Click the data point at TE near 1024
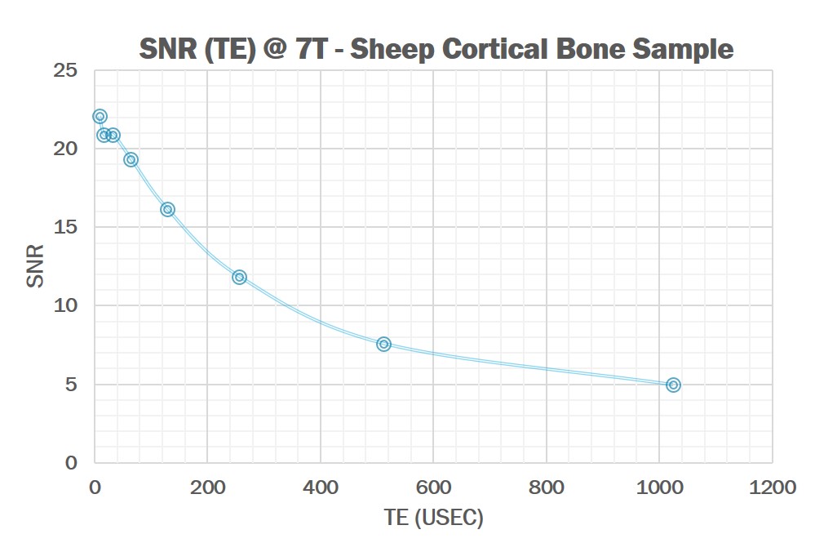pos(673,385)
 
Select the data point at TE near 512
pos(383,344)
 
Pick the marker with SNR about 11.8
pos(239,277)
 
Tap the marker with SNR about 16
pos(167,209)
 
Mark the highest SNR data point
pos(100,116)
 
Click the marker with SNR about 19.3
pos(131,159)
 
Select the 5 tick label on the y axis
pos(71,385)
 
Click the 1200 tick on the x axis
pos(772,487)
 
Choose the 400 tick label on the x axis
pos(320,487)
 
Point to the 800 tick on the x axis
pos(546,487)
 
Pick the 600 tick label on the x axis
pos(433,487)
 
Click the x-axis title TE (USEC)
pos(433,519)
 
